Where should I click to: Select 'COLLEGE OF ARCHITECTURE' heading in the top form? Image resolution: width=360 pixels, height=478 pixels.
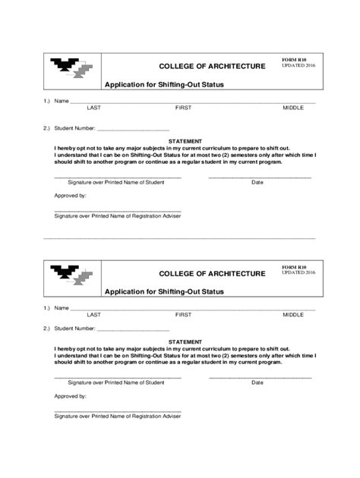(212, 66)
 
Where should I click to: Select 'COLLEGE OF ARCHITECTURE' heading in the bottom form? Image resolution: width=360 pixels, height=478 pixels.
(212, 272)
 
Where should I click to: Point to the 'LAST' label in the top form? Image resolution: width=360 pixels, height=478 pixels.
(94, 108)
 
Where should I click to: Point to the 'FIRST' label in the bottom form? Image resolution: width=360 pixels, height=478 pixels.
(183, 314)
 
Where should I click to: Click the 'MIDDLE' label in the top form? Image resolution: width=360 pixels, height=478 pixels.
(293, 108)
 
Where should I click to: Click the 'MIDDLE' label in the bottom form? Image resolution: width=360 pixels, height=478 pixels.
(293, 314)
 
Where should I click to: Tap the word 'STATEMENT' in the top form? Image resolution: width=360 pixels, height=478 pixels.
(185, 141)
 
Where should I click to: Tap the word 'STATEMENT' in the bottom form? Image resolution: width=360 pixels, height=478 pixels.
(185, 343)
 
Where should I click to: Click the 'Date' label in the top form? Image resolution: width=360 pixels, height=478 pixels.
(257, 183)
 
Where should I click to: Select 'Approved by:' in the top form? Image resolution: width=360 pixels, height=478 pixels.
(70, 196)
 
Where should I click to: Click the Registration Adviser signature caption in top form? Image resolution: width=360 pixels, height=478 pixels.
(117, 215)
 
